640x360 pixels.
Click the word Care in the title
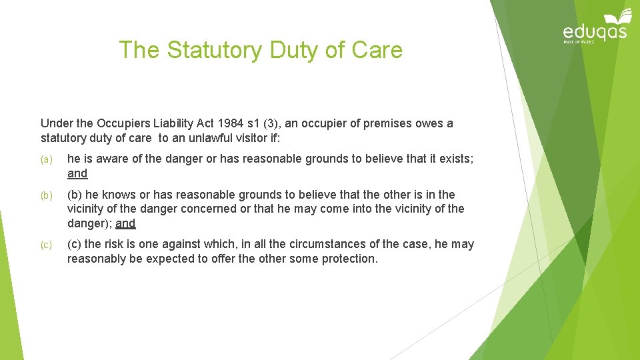click(377, 50)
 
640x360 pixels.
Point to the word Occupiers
click(129, 123)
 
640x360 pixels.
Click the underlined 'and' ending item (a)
click(77, 173)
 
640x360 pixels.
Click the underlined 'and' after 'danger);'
click(125, 223)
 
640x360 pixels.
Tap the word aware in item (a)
click(106, 159)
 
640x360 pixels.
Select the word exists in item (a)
click(454, 159)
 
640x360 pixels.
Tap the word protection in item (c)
click(349, 259)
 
